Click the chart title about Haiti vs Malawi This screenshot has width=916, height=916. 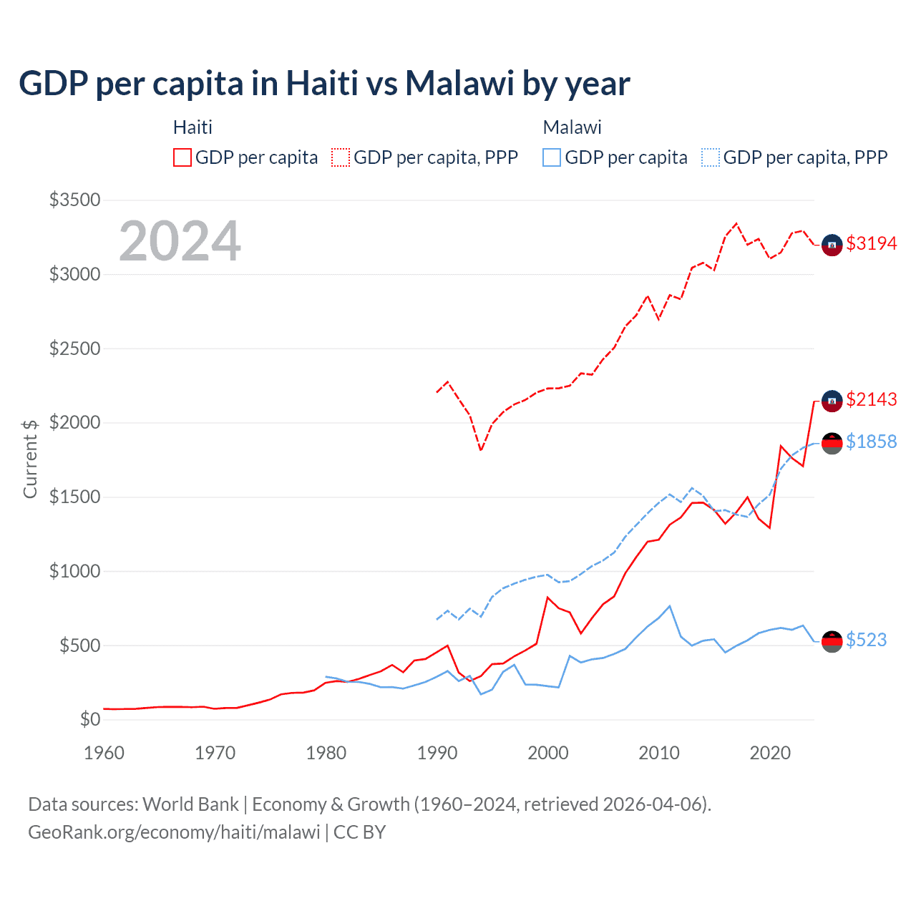324,83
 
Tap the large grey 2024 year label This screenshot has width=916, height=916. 180,241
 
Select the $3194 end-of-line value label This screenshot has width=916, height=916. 871,243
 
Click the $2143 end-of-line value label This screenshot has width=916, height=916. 871,399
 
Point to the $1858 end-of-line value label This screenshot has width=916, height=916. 871,442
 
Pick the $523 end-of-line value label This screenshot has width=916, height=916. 866,640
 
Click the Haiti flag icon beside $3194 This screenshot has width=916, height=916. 832,245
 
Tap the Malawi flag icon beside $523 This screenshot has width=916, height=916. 832,642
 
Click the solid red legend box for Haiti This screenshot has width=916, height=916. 182,157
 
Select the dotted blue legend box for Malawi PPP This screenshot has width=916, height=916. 711,157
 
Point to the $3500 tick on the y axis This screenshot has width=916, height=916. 74,200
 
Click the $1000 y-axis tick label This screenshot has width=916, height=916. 74,571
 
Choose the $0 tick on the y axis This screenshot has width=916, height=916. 89,719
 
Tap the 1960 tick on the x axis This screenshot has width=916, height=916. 104,753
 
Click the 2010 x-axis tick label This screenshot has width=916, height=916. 659,753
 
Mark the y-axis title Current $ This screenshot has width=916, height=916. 30,459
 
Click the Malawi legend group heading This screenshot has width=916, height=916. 572,127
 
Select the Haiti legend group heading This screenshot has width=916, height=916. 193,127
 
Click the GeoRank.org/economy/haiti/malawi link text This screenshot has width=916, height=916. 174,832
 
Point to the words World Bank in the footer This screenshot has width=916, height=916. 190,804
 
